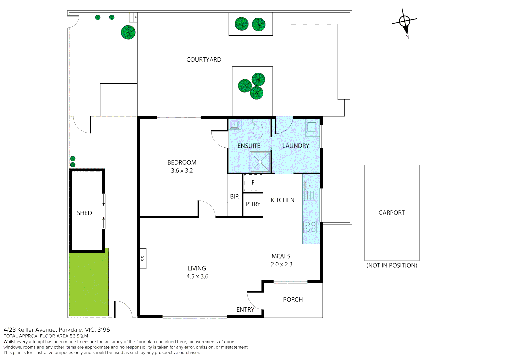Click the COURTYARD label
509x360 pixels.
[204, 60]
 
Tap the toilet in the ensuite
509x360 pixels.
[258, 129]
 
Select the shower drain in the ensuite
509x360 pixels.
[260, 162]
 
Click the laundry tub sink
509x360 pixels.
[312, 127]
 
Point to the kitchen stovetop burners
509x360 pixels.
[310, 227]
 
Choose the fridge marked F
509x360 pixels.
[253, 183]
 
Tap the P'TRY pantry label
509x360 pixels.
[253, 204]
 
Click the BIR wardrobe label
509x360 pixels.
[234, 197]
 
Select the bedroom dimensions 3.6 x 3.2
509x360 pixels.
[182, 171]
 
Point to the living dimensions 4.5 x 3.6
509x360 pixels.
[197, 276]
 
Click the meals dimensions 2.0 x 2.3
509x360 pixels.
[281, 264]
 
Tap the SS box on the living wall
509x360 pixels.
[143, 258]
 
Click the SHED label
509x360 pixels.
[84, 213]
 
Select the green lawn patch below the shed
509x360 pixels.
[89, 283]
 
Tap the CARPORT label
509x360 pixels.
[392, 213]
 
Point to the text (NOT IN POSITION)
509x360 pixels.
[392, 265]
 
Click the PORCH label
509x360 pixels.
[293, 300]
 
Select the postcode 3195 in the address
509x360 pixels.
[104, 330]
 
